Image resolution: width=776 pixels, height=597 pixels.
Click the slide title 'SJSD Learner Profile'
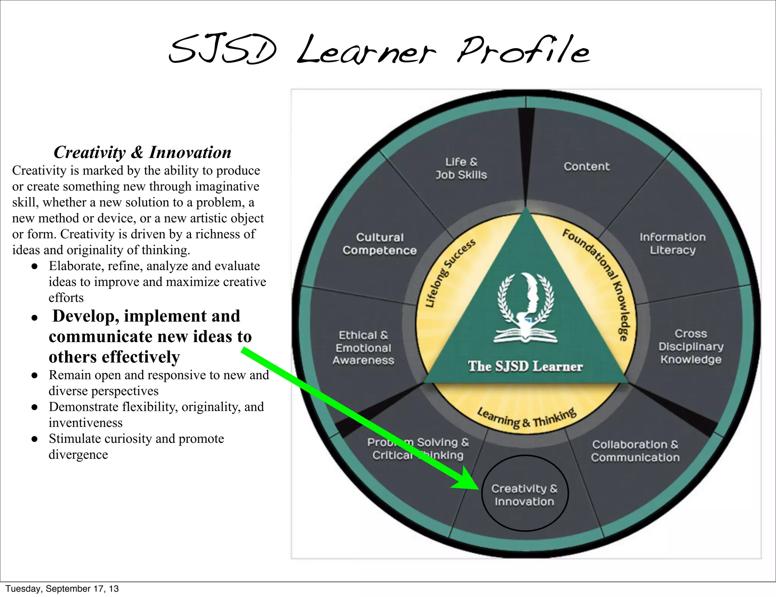[379, 51]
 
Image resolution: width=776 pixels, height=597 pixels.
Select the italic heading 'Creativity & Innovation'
[142, 152]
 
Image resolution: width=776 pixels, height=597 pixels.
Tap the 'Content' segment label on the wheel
[587, 167]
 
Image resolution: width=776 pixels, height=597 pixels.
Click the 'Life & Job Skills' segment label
[461, 169]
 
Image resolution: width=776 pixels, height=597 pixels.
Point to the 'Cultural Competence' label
[380, 244]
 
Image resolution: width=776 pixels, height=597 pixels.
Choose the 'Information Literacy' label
[673, 244]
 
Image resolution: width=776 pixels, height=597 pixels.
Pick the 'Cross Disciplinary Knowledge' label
[691, 347]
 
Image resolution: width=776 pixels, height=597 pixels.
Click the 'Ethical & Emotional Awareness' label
[363, 348]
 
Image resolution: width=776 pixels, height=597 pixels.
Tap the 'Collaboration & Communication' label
[635, 451]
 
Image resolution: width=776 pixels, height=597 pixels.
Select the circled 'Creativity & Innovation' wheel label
[524, 495]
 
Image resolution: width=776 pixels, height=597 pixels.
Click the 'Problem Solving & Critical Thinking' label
[418, 449]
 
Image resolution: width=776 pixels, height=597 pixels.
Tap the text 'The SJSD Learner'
[525, 366]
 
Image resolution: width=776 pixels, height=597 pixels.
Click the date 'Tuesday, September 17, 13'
[62, 589]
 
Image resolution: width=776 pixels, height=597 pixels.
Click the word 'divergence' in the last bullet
[78, 455]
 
